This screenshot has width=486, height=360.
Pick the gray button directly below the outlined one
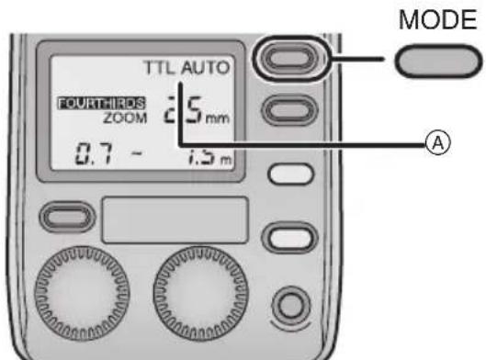point(285,109)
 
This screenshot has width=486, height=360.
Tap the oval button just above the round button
point(285,236)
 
